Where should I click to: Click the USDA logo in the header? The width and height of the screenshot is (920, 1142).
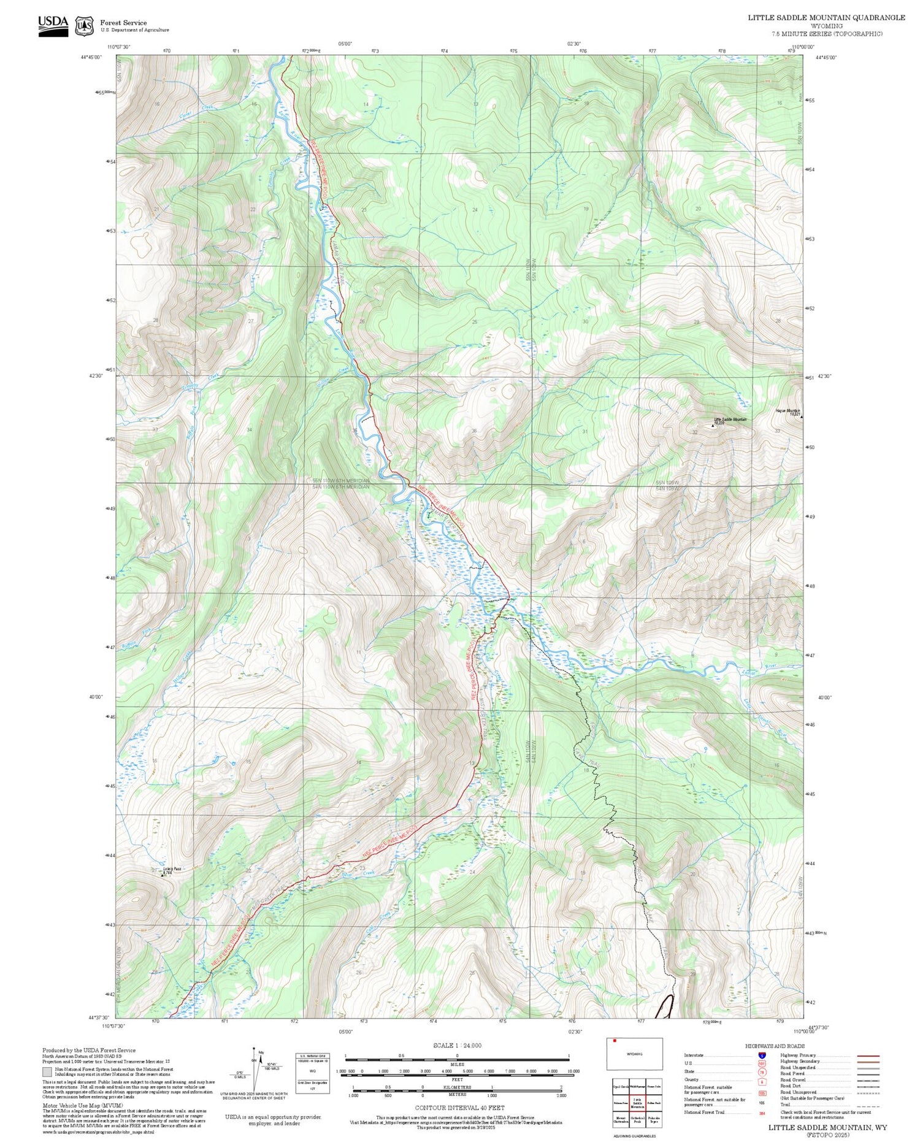point(53,26)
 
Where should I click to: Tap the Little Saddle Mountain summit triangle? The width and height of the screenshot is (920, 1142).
point(713,425)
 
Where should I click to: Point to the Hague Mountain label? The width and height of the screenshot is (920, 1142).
point(788,411)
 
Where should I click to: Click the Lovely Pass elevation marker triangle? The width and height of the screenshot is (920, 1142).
point(163,875)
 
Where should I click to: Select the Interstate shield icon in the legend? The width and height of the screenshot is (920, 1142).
point(761,1055)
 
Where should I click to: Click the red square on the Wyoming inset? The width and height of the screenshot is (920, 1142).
point(615,1040)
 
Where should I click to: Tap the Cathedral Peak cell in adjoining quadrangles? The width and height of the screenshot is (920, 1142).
point(637,1119)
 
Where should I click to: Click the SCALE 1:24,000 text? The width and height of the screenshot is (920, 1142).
point(457,1045)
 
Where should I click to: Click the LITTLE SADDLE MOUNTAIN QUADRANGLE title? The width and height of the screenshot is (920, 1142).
point(826,17)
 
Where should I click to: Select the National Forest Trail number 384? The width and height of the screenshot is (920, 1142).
point(762,1113)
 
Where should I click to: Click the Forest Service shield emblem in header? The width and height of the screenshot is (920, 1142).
point(84,26)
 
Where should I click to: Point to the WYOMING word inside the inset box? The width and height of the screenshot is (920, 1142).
point(634,1054)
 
